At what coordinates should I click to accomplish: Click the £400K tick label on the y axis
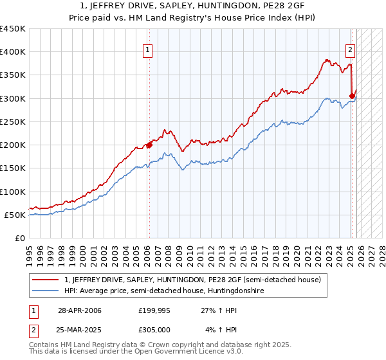[13, 52]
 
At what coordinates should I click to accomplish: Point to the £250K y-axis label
[13, 122]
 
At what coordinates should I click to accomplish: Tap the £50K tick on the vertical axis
[15, 215]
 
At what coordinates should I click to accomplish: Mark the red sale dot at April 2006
[149, 145]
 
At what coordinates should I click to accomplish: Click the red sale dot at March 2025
[352, 96]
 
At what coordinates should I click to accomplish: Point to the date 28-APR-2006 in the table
[78, 310]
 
